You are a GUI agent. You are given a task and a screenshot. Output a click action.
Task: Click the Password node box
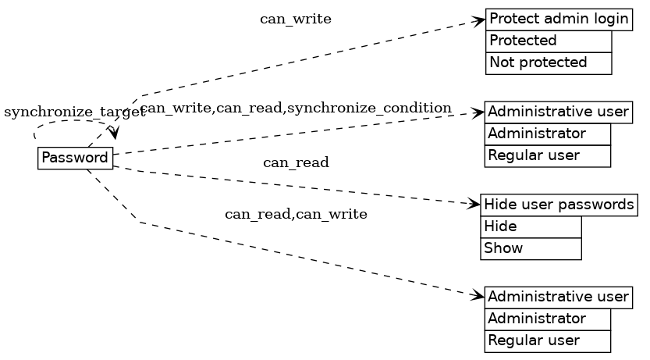click(x=75, y=158)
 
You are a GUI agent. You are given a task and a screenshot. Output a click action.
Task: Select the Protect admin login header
click(x=559, y=19)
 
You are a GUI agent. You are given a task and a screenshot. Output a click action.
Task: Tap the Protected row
click(x=549, y=41)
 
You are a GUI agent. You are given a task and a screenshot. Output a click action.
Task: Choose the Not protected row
click(x=549, y=62)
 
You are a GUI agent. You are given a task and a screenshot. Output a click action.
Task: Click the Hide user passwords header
click(x=559, y=205)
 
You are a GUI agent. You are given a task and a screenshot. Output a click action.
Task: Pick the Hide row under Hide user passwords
click(x=531, y=226)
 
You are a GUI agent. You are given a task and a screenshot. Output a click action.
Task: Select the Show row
click(x=531, y=248)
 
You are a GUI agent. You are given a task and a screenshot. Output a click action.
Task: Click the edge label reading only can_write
click(x=296, y=20)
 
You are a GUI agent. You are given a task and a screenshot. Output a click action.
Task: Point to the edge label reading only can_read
click(x=296, y=162)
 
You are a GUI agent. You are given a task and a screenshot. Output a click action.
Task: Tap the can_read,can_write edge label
click(x=296, y=214)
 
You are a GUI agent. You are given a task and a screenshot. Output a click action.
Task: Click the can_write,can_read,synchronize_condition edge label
click(x=297, y=108)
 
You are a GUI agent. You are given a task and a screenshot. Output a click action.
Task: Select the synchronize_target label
click(x=74, y=112)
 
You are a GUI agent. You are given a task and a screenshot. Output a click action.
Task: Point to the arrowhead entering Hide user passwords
click(x=474, y=205)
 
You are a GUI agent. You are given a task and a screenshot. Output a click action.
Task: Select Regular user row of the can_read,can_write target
click(x=548, y=340)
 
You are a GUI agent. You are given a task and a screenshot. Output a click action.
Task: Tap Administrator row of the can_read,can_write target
click(x=548, y=319)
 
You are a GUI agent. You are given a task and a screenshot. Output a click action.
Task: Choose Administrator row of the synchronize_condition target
click(x=548, y=134)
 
